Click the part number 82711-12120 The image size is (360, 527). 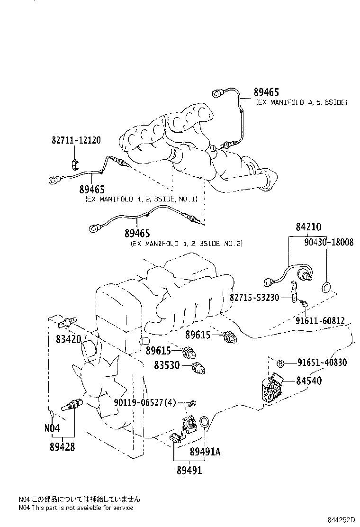76,141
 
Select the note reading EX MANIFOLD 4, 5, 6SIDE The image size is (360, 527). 301,102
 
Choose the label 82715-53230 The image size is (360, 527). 254,297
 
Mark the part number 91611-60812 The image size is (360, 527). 321,320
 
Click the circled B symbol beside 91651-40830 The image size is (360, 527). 280,363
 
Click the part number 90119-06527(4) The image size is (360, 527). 144,403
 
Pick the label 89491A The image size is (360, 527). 205,452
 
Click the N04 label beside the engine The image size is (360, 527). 52,428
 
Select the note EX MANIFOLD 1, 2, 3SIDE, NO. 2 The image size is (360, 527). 186,244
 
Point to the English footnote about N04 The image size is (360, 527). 76,508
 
